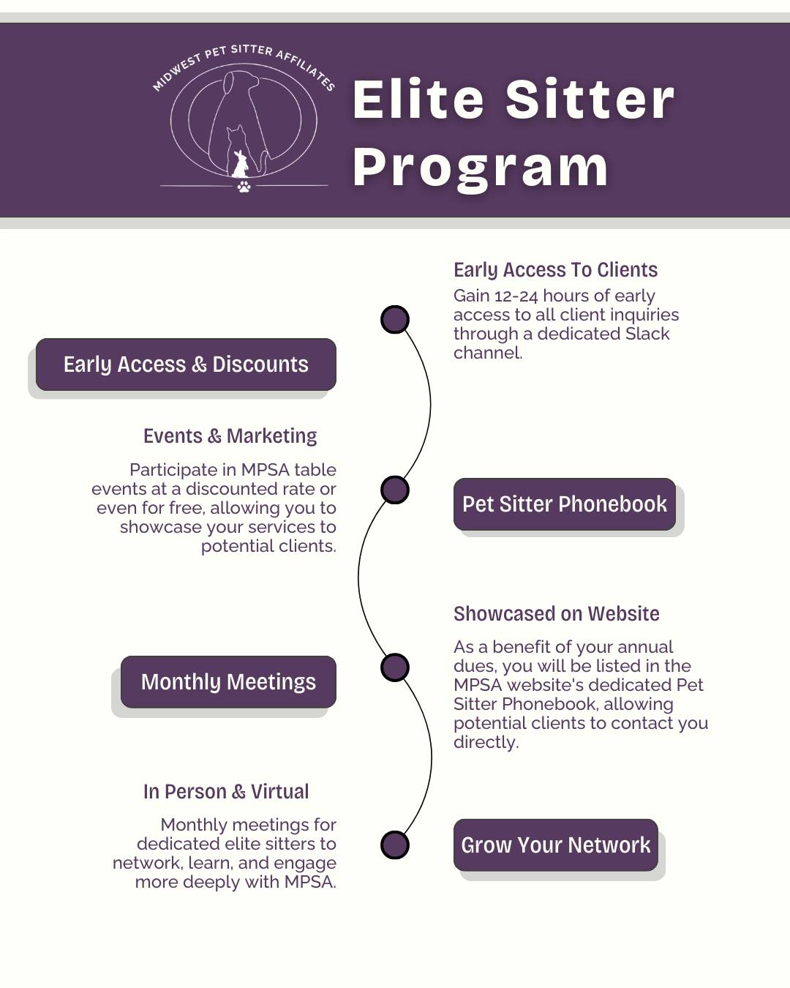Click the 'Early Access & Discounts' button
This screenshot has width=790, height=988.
[186, 364]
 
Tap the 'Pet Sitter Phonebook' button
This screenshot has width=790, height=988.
[565, 504]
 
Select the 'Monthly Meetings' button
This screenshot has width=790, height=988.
[229, 682]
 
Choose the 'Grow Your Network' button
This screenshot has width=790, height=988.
[556, 845]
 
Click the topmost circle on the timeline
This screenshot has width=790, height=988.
[395, 319]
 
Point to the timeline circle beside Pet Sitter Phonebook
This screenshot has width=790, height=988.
[395, 490]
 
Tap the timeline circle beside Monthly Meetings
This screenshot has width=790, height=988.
[395, 667]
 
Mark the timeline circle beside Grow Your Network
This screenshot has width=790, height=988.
[395, 845]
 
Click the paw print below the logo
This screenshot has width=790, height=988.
[244, 186]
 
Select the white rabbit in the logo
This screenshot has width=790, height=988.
[240, 164]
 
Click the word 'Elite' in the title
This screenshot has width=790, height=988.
[418, 100]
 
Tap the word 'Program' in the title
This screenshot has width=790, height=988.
[480, 168]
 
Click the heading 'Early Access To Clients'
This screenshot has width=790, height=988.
[555, 270]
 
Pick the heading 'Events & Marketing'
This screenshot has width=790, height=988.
[230, 435]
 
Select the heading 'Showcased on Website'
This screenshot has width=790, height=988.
[557, 613]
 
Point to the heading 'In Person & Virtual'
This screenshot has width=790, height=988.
[226, 792]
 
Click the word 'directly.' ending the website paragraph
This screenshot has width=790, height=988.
[486, 742]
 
